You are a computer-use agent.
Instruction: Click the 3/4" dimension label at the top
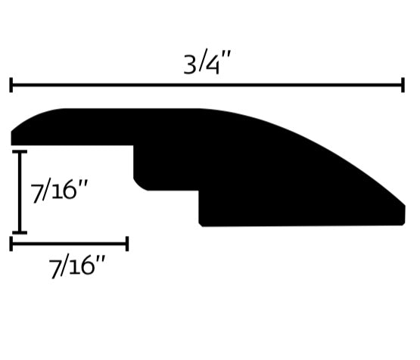[207, 63]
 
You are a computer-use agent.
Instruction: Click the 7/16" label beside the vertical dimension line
[59, 191]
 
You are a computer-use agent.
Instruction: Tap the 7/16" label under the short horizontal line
[76, 266]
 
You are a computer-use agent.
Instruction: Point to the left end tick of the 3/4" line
[11, 85]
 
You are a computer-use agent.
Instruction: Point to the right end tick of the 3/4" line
[403, 85]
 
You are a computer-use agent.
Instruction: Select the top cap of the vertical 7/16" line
[20, 152]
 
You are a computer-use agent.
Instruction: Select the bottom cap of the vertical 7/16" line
[20, 232]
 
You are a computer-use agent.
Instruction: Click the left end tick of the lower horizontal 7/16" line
[11, 244]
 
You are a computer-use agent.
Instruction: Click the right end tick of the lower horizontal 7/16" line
[127, 244]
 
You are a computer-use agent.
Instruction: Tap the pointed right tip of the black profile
[404, 206]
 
